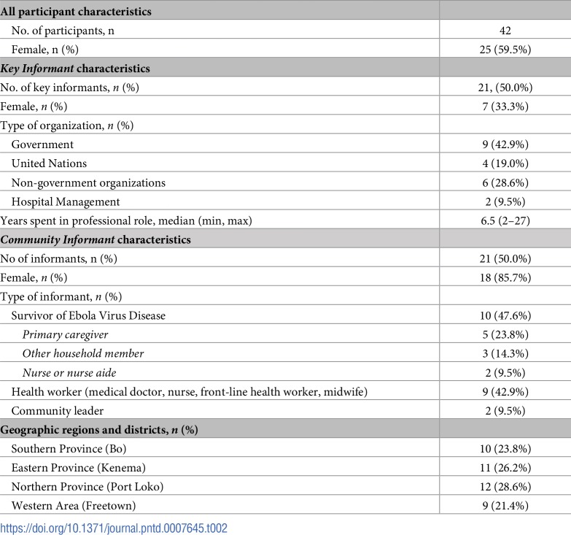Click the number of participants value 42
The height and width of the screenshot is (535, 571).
[x=505, y=30]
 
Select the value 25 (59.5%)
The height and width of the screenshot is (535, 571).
[x=505, y=49]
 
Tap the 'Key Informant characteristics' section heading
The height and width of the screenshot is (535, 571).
[x=75, y=69]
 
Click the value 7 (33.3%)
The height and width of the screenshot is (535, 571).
[x=505, y=107]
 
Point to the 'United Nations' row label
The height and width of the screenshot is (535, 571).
[x=49, y=163]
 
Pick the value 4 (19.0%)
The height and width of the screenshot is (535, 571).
[x=505, y=163]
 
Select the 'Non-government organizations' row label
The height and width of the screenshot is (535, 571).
[x=88, y=182]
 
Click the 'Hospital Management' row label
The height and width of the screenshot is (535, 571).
[x=66, y=201]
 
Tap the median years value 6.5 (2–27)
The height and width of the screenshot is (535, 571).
[x=505, y=220]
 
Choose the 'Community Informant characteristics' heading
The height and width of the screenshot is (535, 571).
[x=96, y=239]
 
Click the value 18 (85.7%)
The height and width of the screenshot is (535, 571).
[x=505, y=277]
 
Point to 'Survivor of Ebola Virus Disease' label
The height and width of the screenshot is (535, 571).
[x=88, y=315]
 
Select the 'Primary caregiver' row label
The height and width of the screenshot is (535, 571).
[x=65, y=334]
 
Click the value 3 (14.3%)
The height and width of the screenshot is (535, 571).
[x=505, y=353]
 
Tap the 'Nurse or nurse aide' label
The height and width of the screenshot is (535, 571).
[x=69, y=372]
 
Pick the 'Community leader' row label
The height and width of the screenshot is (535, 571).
[x=58, y=411]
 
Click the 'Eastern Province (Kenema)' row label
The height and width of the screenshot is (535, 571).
[x=78, y=468]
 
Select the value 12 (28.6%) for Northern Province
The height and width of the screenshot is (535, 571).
[x=505, y=487]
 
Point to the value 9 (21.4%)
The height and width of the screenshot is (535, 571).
[x=505, y=506]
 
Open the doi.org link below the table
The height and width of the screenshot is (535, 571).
[x=114, y=528]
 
